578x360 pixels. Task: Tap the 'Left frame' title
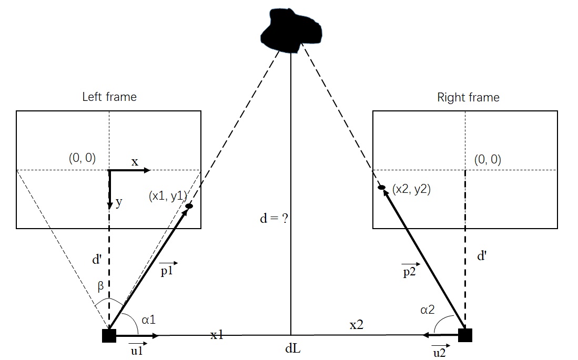pos(109,97)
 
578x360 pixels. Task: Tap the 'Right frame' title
pos(468,97)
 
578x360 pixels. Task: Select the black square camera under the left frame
pos(109,335)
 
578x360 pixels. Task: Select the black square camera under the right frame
pos(465,335)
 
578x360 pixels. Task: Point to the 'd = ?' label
pos(275,219)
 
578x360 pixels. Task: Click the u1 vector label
pos(137,351)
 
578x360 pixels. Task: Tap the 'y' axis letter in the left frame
pos(118,203)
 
